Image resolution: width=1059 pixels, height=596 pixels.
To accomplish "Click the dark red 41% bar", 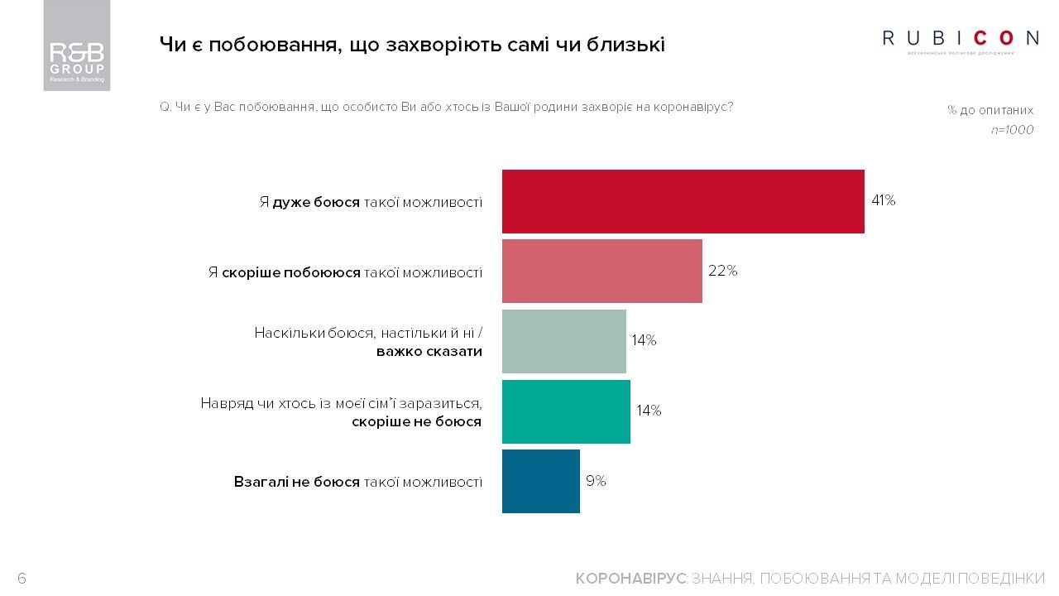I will pos(683,201).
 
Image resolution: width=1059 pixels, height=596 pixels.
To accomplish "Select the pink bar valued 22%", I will pos(601,271).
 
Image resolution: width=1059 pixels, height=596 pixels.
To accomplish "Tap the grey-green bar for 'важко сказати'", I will pos(563,341).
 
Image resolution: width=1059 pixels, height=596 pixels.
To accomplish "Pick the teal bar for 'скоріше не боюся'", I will pos(566,411).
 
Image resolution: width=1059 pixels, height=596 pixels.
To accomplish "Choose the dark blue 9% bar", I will pos(540,481).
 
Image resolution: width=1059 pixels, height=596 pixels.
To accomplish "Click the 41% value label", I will pos(883,200).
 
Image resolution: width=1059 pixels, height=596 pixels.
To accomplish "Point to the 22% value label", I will pos(721,271).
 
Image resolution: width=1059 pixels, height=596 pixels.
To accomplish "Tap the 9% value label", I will pos(596,481).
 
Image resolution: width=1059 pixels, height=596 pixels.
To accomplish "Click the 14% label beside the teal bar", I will pos(648,411).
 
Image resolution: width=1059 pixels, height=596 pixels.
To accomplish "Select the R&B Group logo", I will pos(77,46).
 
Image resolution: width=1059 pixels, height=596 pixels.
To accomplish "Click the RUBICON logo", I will pos(961,39).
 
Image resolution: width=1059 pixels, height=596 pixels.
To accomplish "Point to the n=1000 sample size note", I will pos(1012,130).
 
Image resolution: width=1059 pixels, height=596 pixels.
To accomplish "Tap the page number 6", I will pos(22,579).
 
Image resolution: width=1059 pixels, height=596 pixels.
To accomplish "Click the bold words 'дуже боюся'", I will pos(315,202).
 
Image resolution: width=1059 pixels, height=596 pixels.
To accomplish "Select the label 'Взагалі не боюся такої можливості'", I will pos(357,482).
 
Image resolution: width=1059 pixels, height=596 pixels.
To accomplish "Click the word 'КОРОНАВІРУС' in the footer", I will pos(630,579).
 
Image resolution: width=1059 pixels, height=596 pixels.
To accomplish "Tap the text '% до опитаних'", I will pos(990,110).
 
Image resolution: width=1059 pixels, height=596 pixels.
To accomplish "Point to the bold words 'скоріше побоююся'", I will pos(291,272).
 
